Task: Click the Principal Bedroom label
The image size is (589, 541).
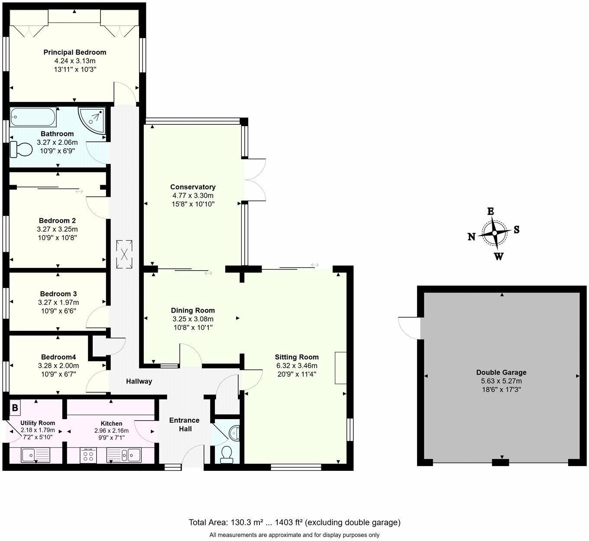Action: (74, 52)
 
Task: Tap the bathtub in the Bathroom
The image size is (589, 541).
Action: (33, 117)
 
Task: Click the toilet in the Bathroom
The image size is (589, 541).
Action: (21, 150)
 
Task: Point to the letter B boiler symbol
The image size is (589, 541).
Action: (15, 407)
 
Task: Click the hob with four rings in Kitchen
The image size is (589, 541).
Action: (89, 456)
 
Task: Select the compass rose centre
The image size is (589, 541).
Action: (494, 233)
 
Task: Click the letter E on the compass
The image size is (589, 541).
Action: (491, 212)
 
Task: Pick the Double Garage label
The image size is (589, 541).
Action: (501, 372)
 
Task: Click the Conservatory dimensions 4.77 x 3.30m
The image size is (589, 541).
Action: (193, 196)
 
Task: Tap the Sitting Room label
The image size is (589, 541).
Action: (297, 357)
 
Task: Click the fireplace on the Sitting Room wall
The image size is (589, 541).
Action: (340, 368)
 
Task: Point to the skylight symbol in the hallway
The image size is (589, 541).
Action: (124, 254)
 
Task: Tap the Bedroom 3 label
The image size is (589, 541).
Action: (58, 294)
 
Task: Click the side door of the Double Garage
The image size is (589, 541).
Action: (409, 328)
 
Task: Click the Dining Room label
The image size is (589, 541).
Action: (193, 310)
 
